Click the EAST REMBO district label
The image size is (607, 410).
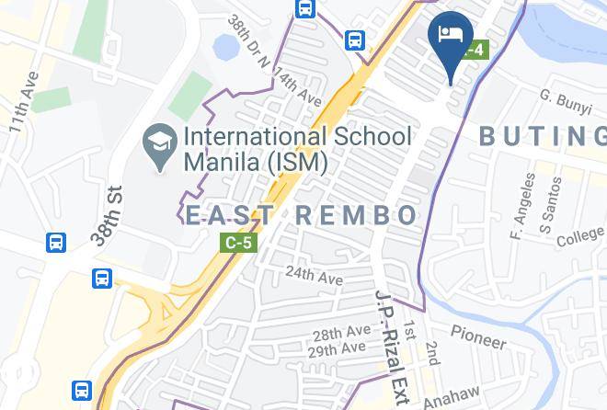302,215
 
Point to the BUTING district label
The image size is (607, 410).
543,137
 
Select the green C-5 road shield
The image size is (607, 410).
238,243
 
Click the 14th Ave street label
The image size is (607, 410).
297,86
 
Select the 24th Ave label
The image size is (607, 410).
314,275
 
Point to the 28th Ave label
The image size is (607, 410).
340,333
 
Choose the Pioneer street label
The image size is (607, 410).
478,336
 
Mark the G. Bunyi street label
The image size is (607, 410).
565,101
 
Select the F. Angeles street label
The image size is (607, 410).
521,206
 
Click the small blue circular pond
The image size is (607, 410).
223,46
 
